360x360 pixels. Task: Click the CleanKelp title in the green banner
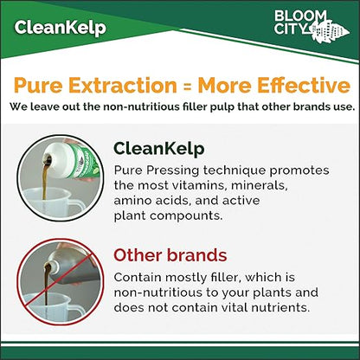click(x=61, y=28)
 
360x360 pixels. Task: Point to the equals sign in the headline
click(x=185, y=86)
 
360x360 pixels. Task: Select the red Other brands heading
click(x=170, y=255)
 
